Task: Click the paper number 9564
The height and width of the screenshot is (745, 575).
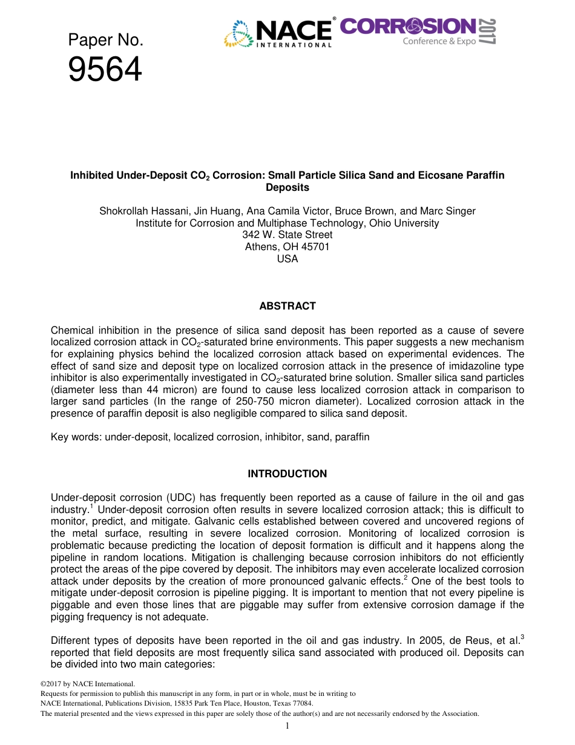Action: (105, 70)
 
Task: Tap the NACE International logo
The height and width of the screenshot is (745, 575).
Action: (278, 33)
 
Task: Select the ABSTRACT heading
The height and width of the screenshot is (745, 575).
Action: (287, 306)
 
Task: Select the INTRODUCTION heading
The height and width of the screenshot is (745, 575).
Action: (287, 474)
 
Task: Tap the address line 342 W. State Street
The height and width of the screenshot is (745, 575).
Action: (287, 234)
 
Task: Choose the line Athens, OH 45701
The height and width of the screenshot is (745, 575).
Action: (287, 247)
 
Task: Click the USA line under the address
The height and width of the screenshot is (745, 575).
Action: (287, 259)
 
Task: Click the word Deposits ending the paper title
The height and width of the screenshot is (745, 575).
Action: (287, 187)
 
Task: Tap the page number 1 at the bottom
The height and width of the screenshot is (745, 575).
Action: (287, 726)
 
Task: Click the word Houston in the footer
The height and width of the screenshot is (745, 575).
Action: (257, 703)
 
